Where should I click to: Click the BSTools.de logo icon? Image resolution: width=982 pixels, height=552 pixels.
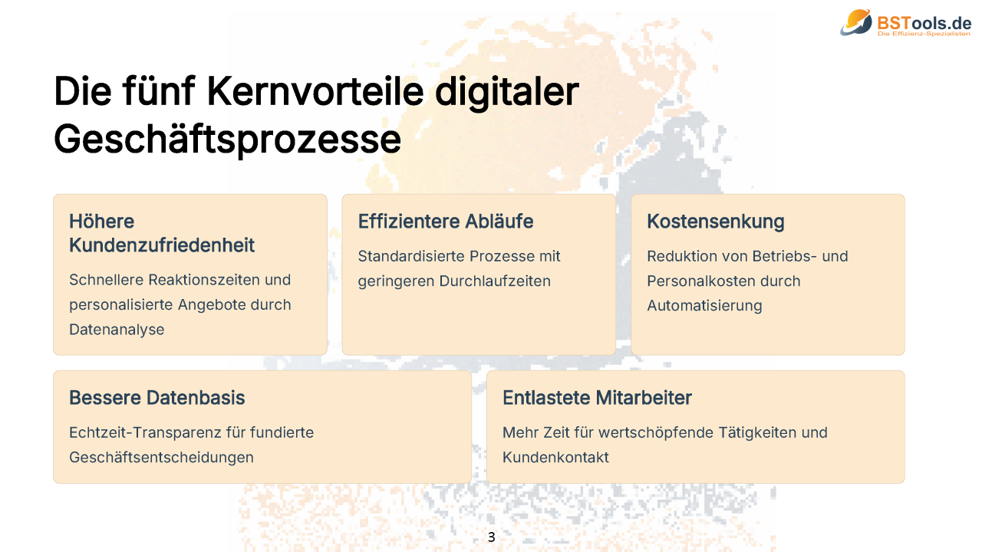pos(856,22)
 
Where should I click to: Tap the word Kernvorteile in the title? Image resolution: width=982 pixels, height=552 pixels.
pos(315,91)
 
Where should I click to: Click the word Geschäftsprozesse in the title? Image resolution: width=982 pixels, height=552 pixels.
pos(227,140)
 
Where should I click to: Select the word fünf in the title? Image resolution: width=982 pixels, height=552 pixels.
pos(159,90)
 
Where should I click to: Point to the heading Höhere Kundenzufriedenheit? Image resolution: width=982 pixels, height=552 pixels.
pos(162,233)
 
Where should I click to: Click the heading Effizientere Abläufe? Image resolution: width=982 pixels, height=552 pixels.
pos(446,222)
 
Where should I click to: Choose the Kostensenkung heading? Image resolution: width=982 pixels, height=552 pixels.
pos(716,222)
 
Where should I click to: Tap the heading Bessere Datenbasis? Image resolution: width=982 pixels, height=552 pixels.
pos(157,398)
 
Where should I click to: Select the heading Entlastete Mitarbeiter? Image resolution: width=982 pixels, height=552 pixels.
pos(597,398)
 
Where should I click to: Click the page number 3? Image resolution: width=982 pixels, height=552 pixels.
pos(492,537)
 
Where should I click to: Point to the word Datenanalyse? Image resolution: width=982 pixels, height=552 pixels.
pos(117,330)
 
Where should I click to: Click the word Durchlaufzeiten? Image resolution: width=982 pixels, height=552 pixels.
pos(495,281)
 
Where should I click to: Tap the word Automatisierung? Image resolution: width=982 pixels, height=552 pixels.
pos(704,306)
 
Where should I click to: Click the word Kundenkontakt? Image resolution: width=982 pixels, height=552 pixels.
pos(555,458)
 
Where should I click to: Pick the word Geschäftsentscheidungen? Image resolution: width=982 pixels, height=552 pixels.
pos(161,458)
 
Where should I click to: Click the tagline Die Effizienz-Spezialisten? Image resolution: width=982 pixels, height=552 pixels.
pos(924,34)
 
